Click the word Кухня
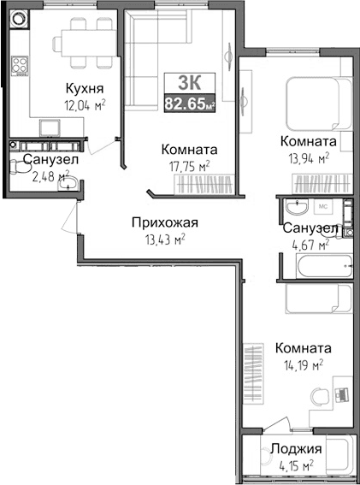86,87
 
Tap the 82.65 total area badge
189,104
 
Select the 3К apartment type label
189,83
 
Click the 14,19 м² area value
298,365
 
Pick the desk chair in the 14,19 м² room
320,396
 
